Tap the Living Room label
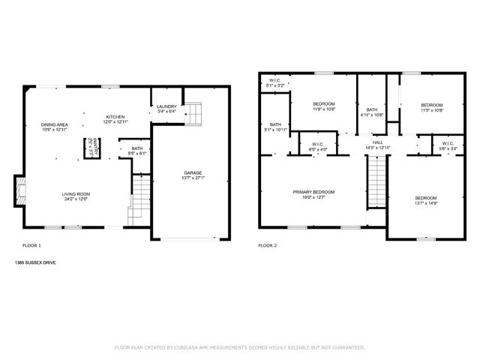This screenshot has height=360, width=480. pyautogui.click(x=75, y=193)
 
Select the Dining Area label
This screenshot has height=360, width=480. pyautogui.click(x=55, y=124)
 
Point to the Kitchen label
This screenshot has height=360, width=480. pyautogui.click(x=115, y=117)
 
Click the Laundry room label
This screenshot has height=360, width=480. pyautogui.click(x=166, y=106)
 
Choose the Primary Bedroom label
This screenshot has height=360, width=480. pyautogui.click(x=313, y=192)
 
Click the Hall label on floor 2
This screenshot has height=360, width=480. pyautogui.click(x=377, y=142)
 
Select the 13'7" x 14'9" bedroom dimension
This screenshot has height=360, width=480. pyautogui.click(x=425, y=202)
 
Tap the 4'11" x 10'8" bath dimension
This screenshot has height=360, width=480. pyautogui.click(x=372, y=115)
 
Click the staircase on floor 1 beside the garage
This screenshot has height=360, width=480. pyautogui.click(x=142, y=196)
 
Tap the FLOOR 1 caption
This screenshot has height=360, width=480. pyautogui.click(x=31, y=246)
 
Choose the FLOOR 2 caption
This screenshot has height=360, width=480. pyautogui.click(x=268, y=246)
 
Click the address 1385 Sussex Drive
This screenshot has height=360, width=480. pyautogui.click(x=34, y=263)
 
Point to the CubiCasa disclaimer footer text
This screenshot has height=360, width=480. pyautogui.click(x=239, y=348)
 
